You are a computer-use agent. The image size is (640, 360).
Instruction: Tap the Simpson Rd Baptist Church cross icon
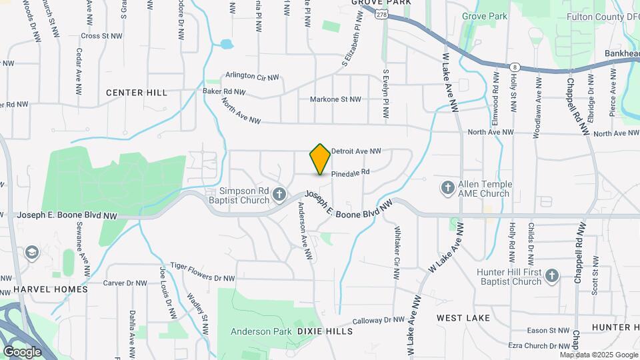click(x=280, y=195)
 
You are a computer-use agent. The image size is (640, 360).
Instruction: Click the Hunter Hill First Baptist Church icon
click(x=551, y=276)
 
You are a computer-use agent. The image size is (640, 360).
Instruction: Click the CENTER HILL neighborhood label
click(x=137, y=93)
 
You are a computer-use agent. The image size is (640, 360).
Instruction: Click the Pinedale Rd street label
click(x=350, y=172)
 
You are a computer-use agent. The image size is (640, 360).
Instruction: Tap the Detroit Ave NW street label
click(x=356, y=151)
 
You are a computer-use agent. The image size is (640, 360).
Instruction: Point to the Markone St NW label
click(x=335, y=99)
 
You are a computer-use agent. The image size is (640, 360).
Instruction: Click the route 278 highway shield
click(x=381, y=14)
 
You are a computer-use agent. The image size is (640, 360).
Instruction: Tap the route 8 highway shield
click(x=515, y=67)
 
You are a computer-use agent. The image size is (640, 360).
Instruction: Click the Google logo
click(x=23, y=352)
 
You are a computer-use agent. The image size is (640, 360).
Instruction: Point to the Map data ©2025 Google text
click(x=599, y=355)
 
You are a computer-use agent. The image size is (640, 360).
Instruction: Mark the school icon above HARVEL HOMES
click(x=31, y=253)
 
